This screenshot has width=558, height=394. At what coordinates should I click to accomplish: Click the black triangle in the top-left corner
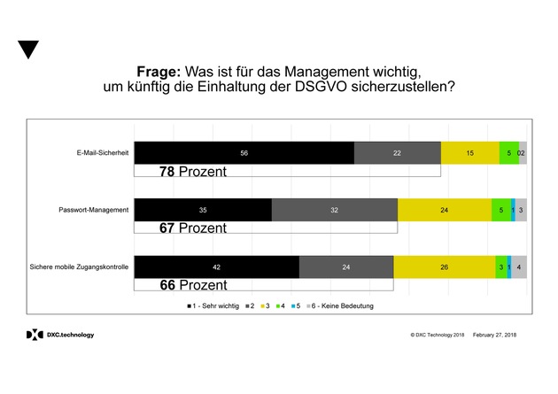(28, 49)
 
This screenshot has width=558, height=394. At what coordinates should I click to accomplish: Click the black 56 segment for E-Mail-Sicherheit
(244, 152)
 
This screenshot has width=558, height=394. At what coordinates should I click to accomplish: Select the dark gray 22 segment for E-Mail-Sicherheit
(397, 152)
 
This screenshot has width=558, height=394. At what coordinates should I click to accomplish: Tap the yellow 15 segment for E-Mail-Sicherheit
(469, 152)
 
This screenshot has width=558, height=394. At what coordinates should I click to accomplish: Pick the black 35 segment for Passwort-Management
(203, 210)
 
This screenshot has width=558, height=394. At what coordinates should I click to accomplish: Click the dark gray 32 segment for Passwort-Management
(334, 210)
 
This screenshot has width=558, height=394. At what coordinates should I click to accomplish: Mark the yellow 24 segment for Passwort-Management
(444, 210)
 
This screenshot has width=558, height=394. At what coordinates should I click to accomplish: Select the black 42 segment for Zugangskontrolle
(216, 267)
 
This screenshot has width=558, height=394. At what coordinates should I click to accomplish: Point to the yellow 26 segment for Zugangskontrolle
(444, 267)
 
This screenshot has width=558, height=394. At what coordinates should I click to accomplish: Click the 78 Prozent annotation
(192, 171)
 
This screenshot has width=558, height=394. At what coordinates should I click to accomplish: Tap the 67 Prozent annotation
(192, 228)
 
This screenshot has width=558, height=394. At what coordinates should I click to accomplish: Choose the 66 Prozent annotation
(192, 285)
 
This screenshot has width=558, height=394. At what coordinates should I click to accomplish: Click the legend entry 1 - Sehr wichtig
(213, 306)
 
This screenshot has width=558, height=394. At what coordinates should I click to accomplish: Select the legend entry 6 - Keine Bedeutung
(340, 306)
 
